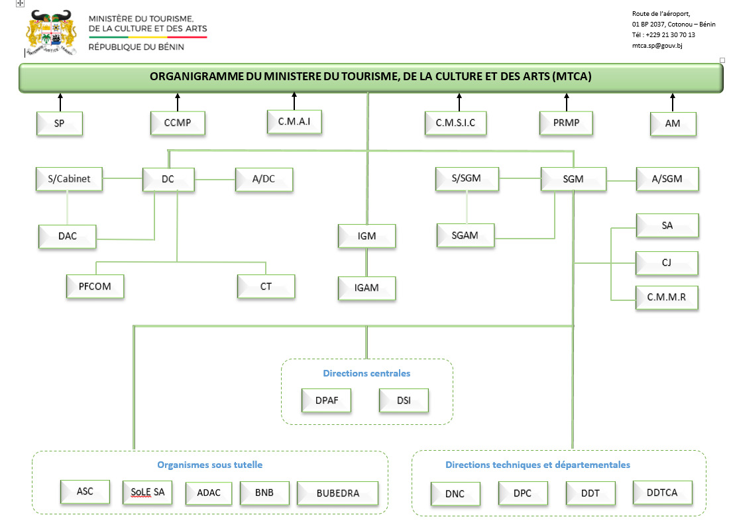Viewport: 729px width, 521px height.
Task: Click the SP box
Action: pos(60,123)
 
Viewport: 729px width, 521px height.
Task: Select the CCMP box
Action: pos(178,123)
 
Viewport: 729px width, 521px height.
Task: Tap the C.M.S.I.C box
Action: pos(455,123)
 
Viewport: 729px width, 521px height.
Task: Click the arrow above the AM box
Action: pos(672,102)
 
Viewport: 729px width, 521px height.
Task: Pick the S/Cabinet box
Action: pos(69,179)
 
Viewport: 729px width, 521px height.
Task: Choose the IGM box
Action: pos(366,236)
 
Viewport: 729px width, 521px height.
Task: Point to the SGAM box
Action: pos(465,235)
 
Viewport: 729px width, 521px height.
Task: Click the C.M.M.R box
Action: pos(667,298)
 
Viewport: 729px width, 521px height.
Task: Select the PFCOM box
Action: pos(95,286)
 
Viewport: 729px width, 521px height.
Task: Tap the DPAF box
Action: pos(325,400)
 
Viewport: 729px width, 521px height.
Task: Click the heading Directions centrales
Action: pos(366,373)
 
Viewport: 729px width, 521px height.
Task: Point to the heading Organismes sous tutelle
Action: pos(209,465)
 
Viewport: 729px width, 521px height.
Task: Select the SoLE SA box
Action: pos(148,492)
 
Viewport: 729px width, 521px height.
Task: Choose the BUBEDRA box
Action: pos(338,493)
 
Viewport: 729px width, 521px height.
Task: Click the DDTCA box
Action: pos(663,492)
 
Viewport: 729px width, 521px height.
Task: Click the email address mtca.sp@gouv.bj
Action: pos(657,46)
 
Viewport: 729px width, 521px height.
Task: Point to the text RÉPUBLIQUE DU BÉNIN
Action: pos(137,47)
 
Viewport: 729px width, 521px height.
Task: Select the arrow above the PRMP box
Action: pos(566,102)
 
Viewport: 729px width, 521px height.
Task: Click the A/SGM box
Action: pos(667,179)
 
